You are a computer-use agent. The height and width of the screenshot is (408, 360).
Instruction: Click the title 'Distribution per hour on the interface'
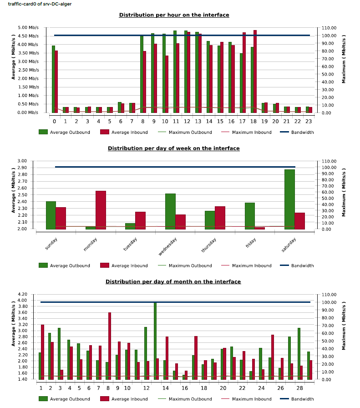174,15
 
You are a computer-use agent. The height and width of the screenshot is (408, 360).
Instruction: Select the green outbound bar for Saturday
289,199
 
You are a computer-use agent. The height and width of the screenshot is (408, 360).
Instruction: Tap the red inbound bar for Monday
101,209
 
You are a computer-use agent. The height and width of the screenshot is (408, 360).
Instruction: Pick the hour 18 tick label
254,122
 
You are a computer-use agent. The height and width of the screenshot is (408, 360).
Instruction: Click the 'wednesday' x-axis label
168,246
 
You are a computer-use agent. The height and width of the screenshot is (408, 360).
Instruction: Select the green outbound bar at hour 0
53,79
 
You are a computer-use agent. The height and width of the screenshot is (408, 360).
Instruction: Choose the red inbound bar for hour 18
255,71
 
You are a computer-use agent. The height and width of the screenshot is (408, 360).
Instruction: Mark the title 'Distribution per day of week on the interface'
173,148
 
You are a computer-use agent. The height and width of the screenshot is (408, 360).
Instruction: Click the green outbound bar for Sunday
51,215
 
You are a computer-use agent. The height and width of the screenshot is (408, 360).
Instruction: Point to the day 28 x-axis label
299,388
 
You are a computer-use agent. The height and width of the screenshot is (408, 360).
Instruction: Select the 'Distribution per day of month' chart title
173,282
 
